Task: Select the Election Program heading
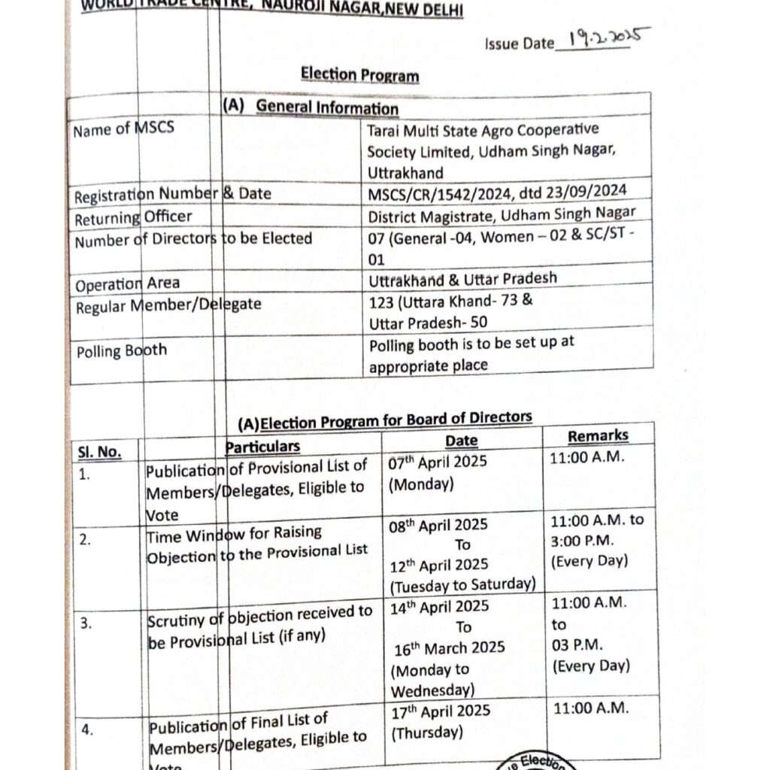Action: point(359,75)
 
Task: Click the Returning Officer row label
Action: point(133,218)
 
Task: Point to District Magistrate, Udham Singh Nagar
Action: point(502,215)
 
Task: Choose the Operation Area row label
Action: point(127,283)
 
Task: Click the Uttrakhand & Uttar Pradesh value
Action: point(462,278)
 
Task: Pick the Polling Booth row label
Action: point(121,350)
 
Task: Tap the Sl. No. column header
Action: point(99,452)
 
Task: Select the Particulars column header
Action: point(262,447)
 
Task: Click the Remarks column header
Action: point(598,436)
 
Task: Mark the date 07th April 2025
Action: point(438,462)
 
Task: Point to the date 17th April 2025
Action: point(441,711)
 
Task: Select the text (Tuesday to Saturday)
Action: point(462,584)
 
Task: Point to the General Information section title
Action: point(327,108)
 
